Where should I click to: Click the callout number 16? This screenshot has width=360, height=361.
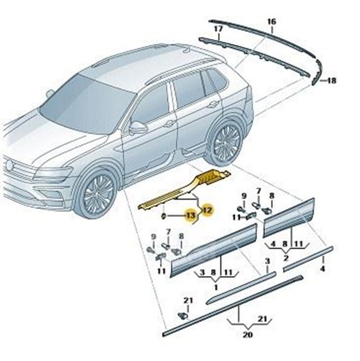[x=272, y=22]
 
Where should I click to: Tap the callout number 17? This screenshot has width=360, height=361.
[x=219, y=29]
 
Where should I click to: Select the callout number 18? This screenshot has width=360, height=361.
[x=332, y=81]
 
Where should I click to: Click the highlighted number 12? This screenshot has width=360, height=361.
[x=207, y=210]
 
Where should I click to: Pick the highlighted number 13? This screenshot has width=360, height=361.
[x=191, y=216]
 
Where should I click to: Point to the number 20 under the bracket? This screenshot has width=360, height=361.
[x=247, y=335]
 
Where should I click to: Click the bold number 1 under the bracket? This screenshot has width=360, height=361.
[x=216, y=287]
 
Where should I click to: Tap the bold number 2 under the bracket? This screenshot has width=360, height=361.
[x=286, y=258]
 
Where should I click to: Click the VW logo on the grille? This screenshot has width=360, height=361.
[x=10, y=165]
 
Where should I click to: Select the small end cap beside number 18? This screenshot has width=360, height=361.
[x=314, y=80]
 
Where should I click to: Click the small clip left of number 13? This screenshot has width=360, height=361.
[x=164, y=217]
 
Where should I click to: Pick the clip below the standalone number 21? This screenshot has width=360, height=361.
[x=184, y=316]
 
